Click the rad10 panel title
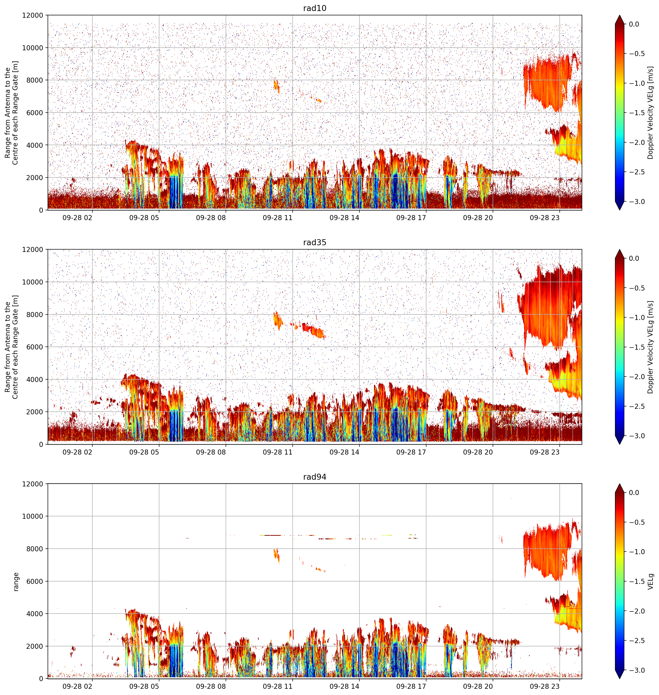tap(315, 8)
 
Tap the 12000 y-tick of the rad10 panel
tap(33, 16)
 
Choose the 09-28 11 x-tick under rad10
tap(278, 218)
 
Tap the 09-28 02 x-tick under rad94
tap(77, 686)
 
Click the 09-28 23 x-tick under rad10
tap(544, 218)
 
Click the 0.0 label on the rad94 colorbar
tap(634, 493)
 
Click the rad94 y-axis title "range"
tap(16, 581)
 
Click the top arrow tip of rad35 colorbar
tap(620, 250)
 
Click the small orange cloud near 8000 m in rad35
tap(278, 320)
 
